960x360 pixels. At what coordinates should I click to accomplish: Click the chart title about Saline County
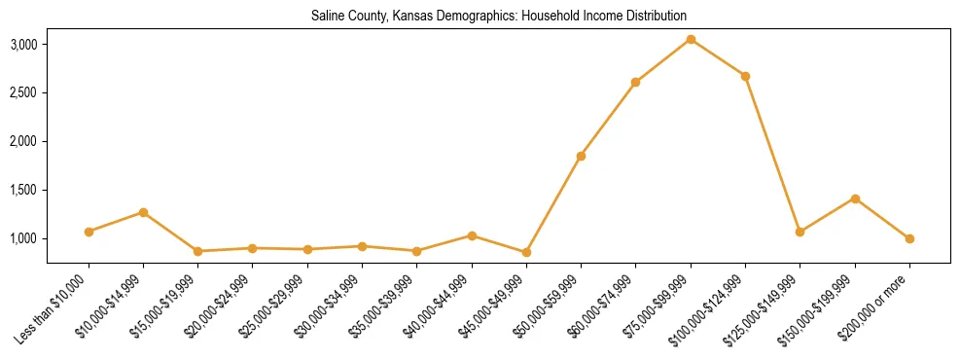[498, 17]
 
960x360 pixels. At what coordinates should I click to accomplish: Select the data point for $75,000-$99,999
[691, 39]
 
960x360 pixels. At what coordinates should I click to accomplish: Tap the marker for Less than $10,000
[89, 232]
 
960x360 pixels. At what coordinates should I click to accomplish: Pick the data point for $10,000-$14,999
[143, 212]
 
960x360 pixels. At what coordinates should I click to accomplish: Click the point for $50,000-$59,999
[581, 156]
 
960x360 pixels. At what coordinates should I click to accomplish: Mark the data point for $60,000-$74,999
[635, 82]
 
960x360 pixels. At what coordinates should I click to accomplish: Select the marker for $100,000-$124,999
[745, 76]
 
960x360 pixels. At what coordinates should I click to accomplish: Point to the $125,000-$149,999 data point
[800, 232]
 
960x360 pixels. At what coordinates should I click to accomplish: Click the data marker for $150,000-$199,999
[855, 198]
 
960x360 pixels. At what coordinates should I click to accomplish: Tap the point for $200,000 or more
[909, 238]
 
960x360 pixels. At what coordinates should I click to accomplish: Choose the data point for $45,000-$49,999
[526, 252]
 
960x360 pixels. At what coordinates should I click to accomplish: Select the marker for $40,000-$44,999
[472, 235]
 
